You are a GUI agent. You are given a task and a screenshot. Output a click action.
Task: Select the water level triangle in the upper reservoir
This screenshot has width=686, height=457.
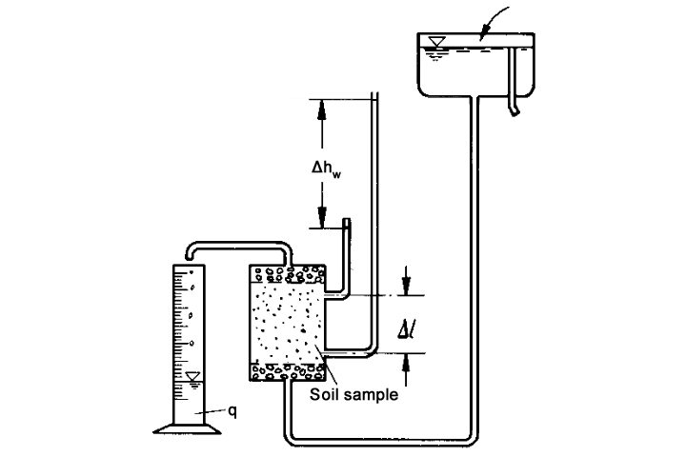437,42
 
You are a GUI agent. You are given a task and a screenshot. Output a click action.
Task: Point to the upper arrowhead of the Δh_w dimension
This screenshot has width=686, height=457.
322,107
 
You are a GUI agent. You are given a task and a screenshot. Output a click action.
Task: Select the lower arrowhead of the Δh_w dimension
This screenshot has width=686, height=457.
322,218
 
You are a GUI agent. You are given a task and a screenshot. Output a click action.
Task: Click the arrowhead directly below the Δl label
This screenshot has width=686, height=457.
407,361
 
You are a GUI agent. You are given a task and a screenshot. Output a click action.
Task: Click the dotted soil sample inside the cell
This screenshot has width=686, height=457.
286,324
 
